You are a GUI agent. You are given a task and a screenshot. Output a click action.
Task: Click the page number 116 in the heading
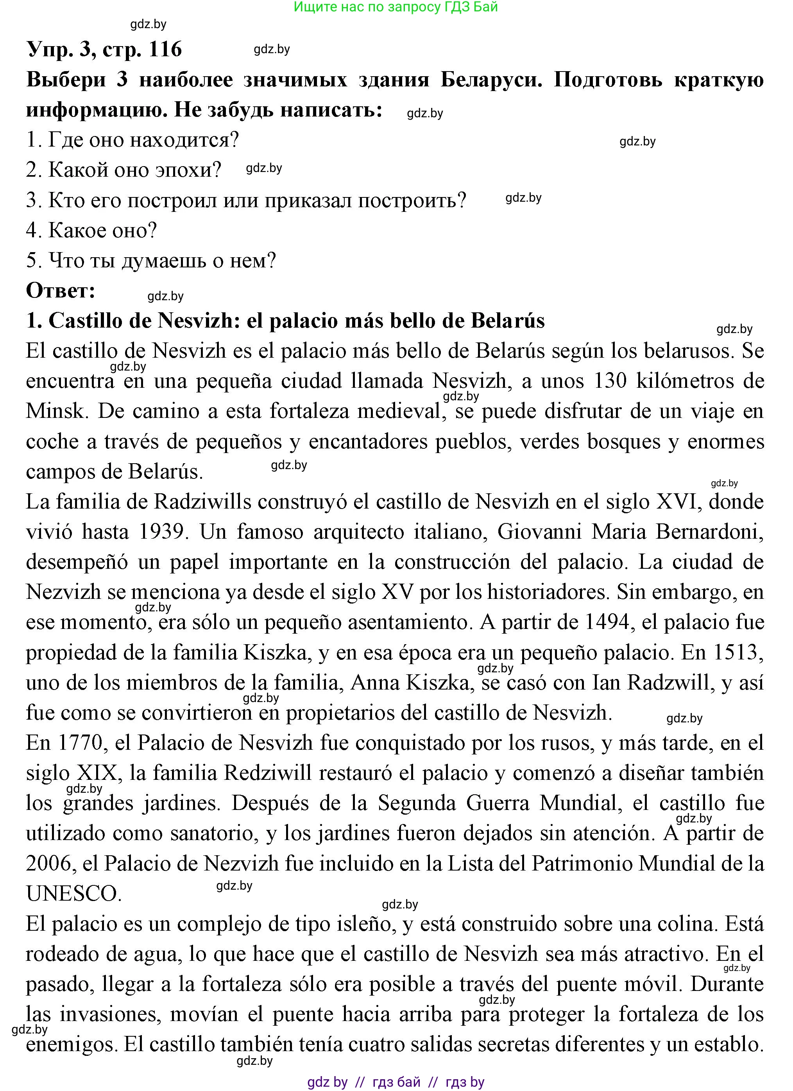[x=165, y=49]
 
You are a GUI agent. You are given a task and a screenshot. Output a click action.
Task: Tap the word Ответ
[x=61, y=290]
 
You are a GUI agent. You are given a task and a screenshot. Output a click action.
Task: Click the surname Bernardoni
[x=709, y=532]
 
